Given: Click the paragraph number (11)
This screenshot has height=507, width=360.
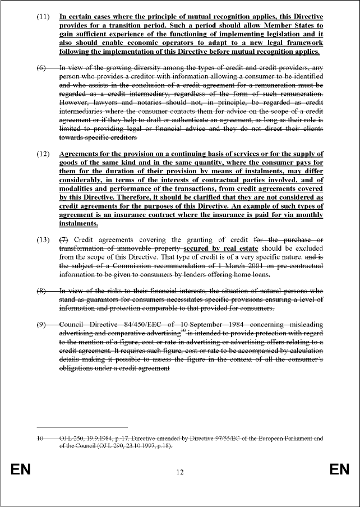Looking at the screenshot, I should tap(43, 17).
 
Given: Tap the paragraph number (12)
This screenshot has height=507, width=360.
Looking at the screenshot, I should tap(43, 154).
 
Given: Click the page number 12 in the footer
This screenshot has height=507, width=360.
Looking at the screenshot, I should tap(180, 472).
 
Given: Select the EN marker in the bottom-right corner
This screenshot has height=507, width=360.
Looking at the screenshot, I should tap(339, 469).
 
